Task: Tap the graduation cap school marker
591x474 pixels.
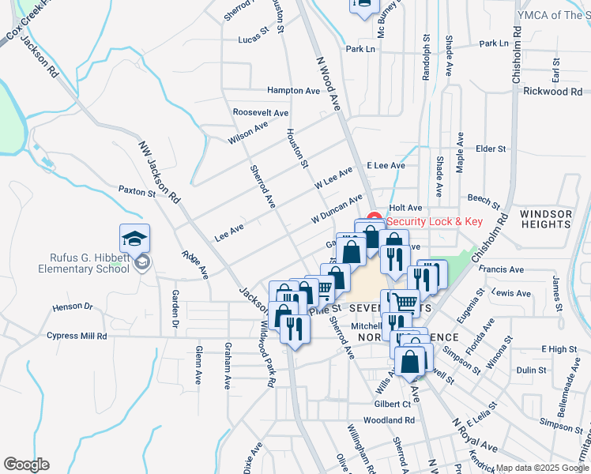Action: (x=135, y=239)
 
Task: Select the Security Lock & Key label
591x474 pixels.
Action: (x=434, y=222)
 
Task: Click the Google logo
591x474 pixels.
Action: (x=26, y=465)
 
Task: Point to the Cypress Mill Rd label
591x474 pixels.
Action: (x=77, y=336)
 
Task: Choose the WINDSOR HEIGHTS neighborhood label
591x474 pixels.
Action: (x=546, y=220)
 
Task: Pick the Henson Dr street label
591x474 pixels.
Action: (x=73, y=307)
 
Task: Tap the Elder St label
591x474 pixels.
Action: (x=490, y=149)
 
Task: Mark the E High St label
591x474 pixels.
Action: (x=559, y=348)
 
